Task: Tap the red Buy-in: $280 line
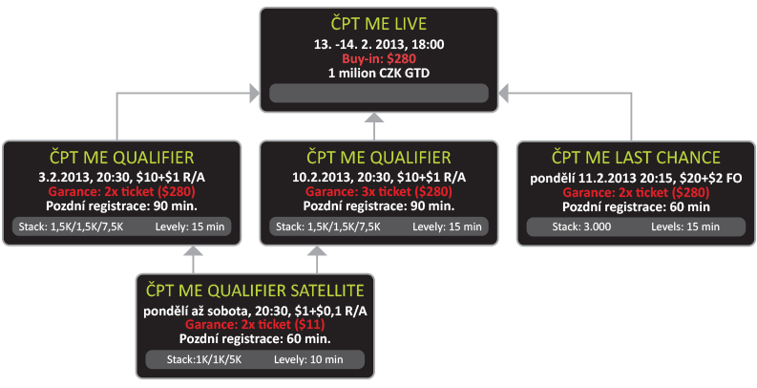tap(379, 58)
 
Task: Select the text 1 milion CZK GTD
tap(379, 73)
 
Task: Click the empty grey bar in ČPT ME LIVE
tap(379, 94)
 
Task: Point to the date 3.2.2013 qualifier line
tap(126, 176)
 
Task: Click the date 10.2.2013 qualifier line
tap(379, 176)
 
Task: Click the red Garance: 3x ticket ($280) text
tap(379, 190)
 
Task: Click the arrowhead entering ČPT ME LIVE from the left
tap(254, 92)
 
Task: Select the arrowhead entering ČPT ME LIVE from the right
tap(505, 92)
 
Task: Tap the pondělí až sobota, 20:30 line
tap(255, 309)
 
